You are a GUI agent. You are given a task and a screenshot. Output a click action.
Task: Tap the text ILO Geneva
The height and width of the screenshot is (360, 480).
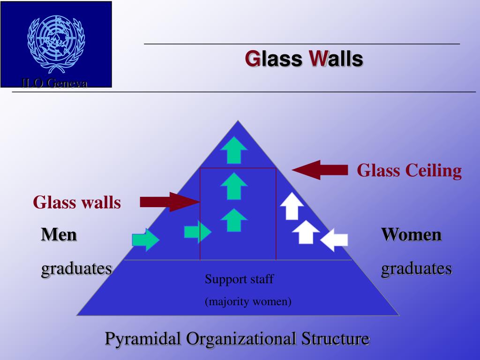(54, 83)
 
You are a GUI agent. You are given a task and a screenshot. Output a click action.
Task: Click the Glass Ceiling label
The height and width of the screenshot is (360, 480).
(409, 170)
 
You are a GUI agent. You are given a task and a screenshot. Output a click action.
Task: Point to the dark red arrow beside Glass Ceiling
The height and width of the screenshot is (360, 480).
(320, 170)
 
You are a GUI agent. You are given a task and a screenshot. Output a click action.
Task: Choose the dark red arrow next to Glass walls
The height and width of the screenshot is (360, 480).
(170, 202)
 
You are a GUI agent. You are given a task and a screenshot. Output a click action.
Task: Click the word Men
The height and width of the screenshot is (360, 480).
(59, 234)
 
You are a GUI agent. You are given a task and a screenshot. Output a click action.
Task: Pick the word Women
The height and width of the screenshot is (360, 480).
(411, 234)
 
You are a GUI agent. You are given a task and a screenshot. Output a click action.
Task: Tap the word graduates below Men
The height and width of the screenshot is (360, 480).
(77, 268)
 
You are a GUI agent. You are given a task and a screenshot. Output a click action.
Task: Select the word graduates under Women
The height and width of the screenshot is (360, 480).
(416, 268)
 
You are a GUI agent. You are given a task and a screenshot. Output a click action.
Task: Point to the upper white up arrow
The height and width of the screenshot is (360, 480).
(292, 206)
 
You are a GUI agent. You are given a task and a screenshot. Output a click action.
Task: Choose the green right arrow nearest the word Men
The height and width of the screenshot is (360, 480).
(145, 239)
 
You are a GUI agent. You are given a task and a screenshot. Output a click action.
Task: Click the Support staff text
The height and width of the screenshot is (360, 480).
(239, 279)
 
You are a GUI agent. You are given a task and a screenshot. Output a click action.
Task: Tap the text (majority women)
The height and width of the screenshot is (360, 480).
(248, 301)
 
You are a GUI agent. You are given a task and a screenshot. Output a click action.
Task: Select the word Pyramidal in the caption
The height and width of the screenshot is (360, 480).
(142, 338)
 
